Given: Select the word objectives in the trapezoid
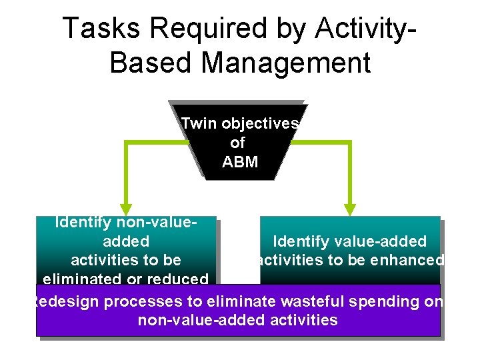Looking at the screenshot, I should [260, 124].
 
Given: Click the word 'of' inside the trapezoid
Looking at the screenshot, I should [237, 143].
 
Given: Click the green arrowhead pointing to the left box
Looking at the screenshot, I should [125, 209].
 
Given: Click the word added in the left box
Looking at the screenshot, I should [126, 241].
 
